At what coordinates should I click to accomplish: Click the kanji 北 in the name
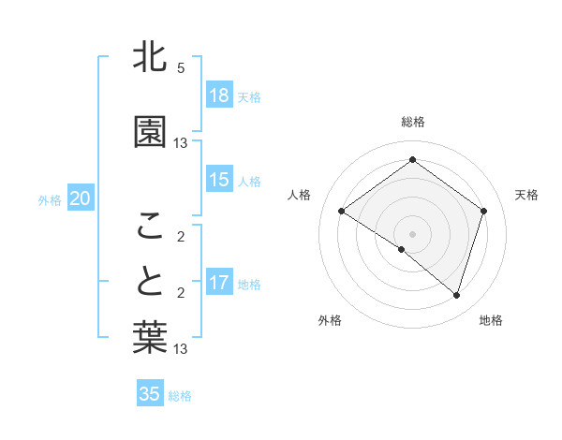[x=151, y=58]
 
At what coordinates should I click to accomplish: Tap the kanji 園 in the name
[x=151, y=133]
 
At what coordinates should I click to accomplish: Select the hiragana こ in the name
[x=151, y=225]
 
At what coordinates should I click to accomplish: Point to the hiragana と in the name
[x=151, y=280]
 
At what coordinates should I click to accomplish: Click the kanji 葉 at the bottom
[x=151, y=338]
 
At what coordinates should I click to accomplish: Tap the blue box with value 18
[x=219, y=95]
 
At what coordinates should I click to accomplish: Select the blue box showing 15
[x=219, y=180]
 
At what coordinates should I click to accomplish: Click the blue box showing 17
[x=219, y=283]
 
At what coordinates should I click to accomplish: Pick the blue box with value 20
[x=81, y=198]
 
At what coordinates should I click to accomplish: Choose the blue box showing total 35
[x=150, y=394]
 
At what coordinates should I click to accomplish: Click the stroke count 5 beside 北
[x=181, y=68]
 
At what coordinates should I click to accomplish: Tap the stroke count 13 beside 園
[x=181, y=143]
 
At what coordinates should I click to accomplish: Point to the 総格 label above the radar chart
[x=413, y=122]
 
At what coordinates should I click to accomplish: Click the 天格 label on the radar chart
[x=526, y=195]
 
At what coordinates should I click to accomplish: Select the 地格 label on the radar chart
[x=491, y=320]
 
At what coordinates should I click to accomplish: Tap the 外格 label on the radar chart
[x=330, y=320]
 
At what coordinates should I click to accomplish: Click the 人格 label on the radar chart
[x=300, y=195]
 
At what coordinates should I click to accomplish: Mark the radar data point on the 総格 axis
[x=412, y=160]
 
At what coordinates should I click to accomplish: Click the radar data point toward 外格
[x=402, y=249]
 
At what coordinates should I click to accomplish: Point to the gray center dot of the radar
[x=412, y=233]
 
